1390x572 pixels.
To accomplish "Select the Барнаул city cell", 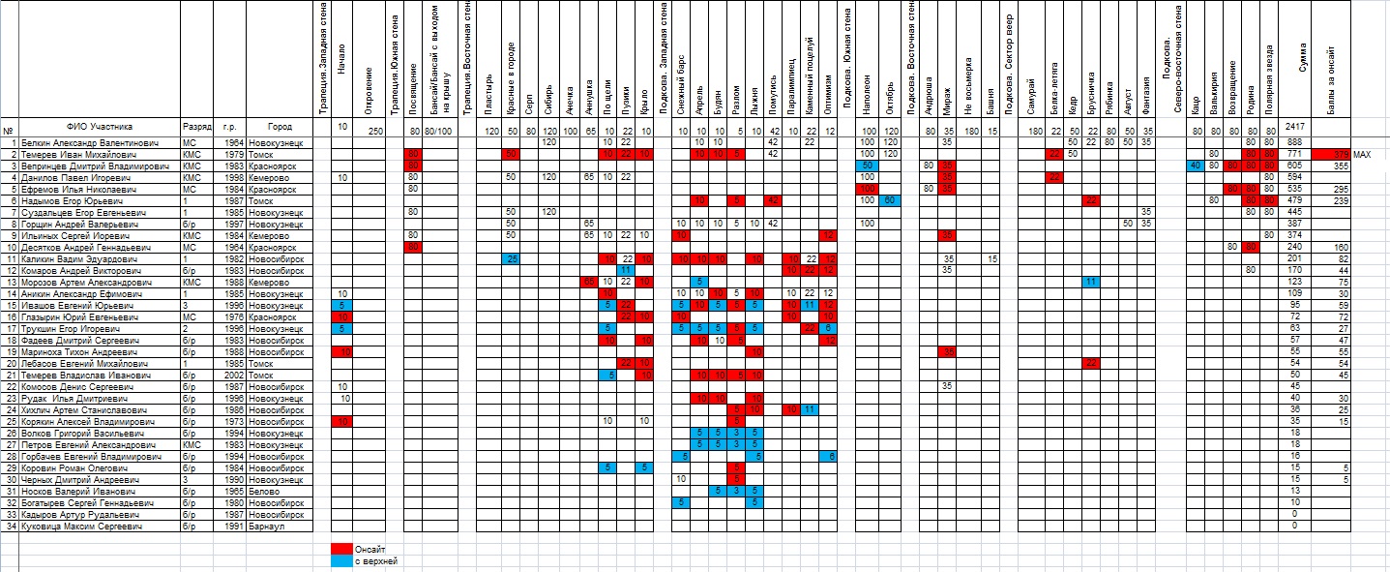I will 267,526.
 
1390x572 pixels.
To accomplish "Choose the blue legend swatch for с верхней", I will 340,560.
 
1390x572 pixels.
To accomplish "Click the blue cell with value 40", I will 1197,166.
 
